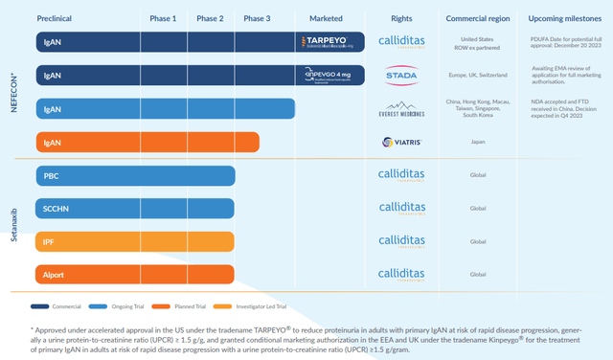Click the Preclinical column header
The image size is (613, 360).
(57, 18)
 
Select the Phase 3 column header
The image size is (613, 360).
(257, 18)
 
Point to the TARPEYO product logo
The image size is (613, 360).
(329, 43)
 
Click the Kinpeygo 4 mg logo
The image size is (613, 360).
(329, 76)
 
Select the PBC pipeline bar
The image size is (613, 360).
(134, 176)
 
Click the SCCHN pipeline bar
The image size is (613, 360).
(134, 208)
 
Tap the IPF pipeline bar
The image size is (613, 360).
(134, 241)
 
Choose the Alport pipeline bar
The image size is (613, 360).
(134, 274)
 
